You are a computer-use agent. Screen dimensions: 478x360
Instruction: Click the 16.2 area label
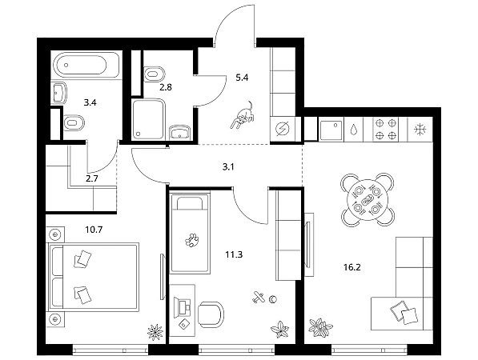pyautogui.click(x=352, y=267)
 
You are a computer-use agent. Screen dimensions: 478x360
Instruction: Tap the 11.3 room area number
pyautogui.click(x=234, y=254)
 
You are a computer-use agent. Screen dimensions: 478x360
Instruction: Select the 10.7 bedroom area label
pyautogui.click(x=94, y=230)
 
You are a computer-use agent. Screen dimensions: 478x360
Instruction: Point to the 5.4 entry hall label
pyautogui.click(x=242, y=78)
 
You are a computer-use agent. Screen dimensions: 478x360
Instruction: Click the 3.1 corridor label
pyautogui.click(x=228, y=166)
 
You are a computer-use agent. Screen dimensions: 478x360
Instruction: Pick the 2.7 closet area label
pyautogui.click(x=92, y=178)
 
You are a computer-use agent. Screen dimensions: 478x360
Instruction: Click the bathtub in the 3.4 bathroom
pyautogui.click(x=86, y=66)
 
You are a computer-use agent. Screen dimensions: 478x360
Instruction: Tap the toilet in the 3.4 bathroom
pyautogui.click(x=74, y=123)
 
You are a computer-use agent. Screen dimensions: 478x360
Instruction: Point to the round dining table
pyautogui.click(x=368, y=199)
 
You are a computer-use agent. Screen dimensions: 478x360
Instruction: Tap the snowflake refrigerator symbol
pyautogui.click(x=420, y=130)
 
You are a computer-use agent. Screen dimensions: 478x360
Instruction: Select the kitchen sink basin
pyautogui.click(x=331, y=130)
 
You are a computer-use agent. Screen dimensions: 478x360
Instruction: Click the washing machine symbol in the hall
pyautogui.click(x=283, y=130)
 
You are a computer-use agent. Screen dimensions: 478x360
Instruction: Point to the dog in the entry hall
pyautogui.click(x=243, y=116)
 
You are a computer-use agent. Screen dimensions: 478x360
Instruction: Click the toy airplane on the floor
pyautogui.click(x=259, y=297)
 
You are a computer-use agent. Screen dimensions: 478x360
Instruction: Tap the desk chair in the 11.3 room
pyautogui.click(x=211, y=314)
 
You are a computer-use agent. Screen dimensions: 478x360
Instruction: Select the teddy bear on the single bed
pyautogui.click(x=192, y=240)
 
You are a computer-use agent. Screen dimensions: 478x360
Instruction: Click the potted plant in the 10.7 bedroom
pyautogui.click(x=155, y=332)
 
